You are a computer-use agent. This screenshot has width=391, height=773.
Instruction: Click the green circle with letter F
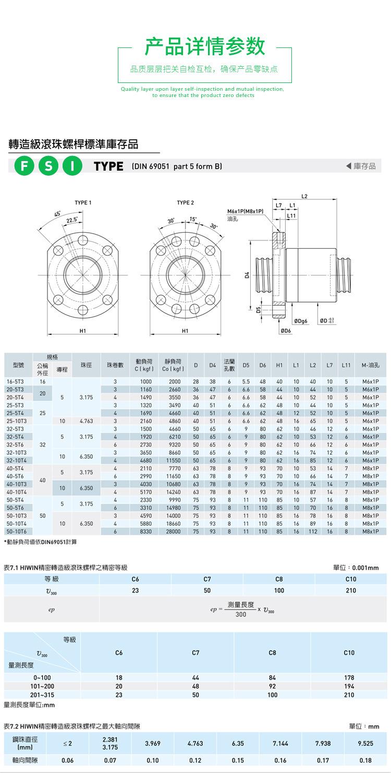24,166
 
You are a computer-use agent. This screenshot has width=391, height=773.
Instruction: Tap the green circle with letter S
48,166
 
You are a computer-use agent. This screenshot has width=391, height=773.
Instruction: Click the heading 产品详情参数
205,46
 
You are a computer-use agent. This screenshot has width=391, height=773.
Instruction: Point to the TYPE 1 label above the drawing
83,202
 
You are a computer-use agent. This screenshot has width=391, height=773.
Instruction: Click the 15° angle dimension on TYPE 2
193,219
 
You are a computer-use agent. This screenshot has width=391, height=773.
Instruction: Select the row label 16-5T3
14,382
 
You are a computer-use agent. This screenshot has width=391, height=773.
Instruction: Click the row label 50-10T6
16,531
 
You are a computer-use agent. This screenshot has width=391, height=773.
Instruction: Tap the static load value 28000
175,531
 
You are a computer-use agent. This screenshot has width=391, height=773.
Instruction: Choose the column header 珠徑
86,365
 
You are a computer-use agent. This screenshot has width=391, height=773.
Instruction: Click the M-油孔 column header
370,365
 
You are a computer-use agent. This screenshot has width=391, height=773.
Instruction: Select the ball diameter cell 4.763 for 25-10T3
86,421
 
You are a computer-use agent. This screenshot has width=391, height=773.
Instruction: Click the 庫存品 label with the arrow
361,166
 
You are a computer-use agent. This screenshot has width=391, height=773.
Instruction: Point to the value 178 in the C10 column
349,678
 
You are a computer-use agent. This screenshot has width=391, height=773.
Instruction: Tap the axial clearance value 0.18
365,760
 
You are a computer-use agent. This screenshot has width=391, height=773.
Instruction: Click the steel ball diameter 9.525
365,743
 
